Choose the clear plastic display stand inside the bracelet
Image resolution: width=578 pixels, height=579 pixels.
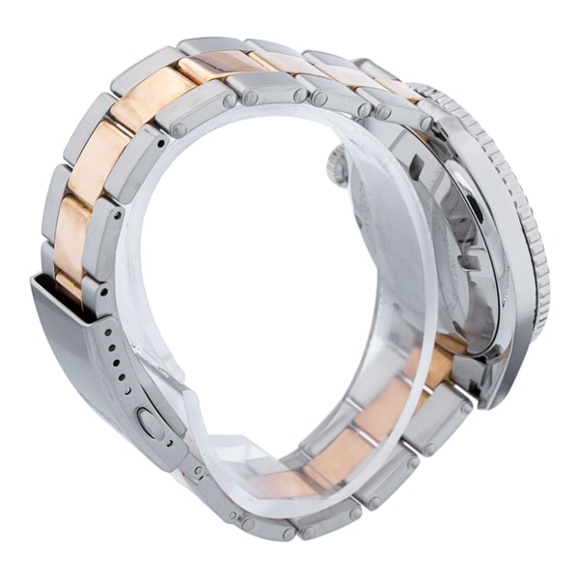(289, 289)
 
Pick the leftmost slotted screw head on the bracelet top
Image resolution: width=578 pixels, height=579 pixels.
(179, 129)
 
